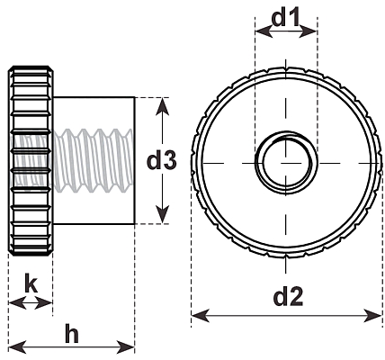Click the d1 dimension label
[285, 18]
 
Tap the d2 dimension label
[288, 296]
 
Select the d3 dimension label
[162, 161]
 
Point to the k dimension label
[31, 283]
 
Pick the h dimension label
[72, 333]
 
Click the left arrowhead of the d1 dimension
[264, 31]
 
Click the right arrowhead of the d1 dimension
[308, 31]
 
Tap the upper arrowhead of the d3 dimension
[162, 106]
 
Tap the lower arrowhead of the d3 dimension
[162, 214]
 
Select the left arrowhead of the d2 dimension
[201, 316]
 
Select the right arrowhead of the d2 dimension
[372, 316]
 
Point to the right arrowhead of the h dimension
[125, 347]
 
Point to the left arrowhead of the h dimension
[18, 347]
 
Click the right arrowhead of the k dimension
[44, 303]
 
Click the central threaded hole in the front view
[286, 163]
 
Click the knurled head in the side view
[31, 161]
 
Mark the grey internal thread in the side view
[72, 160]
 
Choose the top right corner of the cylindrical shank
[134, 97]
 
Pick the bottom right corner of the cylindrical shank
[134, 224]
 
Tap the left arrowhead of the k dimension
[18, 303]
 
